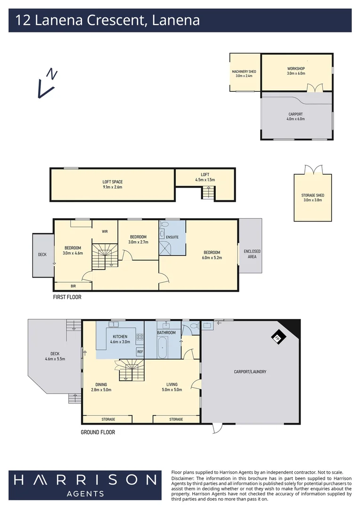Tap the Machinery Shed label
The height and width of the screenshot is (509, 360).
click(244, 74)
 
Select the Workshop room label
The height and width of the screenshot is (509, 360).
click(296, 71)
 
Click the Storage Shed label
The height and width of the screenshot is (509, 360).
click(313, 197)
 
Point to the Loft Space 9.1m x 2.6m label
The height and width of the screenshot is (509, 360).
click(113, 184)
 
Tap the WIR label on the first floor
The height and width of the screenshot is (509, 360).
click(105, 231)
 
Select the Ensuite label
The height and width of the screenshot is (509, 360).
click(172, 237)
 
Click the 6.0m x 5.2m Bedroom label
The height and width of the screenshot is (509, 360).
click(213, 254)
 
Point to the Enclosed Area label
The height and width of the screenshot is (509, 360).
click(252, 254)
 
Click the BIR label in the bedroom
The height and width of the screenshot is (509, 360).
click(73, 286)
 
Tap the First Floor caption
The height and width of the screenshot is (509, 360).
click(67, 297)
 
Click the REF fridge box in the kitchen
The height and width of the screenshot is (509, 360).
click(140, 352)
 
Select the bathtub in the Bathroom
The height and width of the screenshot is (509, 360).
click(163, 348)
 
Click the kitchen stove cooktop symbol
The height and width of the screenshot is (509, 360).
click(139, 337)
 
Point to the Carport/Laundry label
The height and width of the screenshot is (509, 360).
click(250, 372)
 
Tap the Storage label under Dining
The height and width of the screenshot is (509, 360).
click(108, 419)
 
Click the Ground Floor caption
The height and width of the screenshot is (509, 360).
click(98, 432)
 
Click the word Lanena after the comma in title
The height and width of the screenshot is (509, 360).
click(176, 20)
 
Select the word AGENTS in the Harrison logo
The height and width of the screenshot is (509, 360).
click(85, 493)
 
